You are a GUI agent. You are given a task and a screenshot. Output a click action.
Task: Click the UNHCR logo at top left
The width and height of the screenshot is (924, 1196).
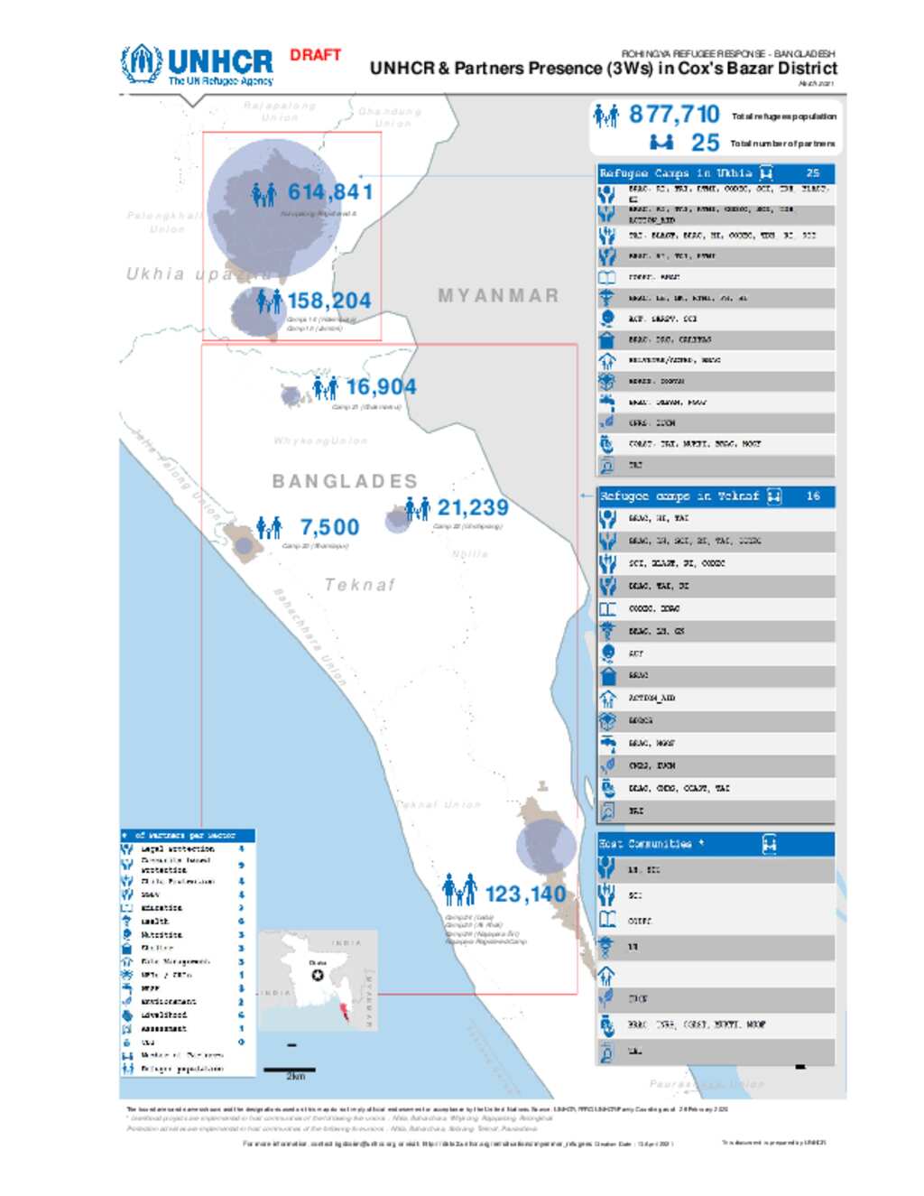coord(197,65)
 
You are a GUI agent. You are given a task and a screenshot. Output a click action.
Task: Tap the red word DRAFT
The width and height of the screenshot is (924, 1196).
coord(315,55)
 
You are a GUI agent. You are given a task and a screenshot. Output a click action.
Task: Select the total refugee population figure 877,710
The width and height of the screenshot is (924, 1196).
coord(674,115)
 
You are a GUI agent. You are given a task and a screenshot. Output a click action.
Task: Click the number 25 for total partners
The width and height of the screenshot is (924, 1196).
coord(705,143)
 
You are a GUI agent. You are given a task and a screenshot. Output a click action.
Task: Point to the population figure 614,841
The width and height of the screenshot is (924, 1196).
coord(329,192)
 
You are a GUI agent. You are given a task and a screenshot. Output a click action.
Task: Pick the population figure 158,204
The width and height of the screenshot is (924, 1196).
coord(328,301)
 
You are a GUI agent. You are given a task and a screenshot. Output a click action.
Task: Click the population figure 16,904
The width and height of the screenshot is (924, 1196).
coord(381,387)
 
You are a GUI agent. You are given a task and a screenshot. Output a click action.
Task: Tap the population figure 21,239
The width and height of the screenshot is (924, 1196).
coord(473,507)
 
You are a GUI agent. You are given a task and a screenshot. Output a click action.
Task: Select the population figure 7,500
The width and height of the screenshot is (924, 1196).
coord(329,527)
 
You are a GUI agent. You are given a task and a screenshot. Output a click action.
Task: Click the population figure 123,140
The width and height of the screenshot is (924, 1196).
coord(525,894)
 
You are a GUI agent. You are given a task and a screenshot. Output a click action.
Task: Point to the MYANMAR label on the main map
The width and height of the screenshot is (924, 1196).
coord(498,296)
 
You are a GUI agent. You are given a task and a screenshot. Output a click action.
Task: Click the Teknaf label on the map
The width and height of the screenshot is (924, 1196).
coord(360,585)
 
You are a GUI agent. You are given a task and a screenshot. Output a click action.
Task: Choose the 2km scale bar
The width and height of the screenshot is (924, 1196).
coord(290,1071)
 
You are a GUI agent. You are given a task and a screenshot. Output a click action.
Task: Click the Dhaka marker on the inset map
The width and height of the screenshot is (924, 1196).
coord(318,975)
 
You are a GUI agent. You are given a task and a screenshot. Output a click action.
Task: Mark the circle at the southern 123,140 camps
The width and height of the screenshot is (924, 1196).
coord(545,847)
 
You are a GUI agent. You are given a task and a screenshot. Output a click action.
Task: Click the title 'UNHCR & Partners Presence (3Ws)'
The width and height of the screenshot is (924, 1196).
coord(603,69)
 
